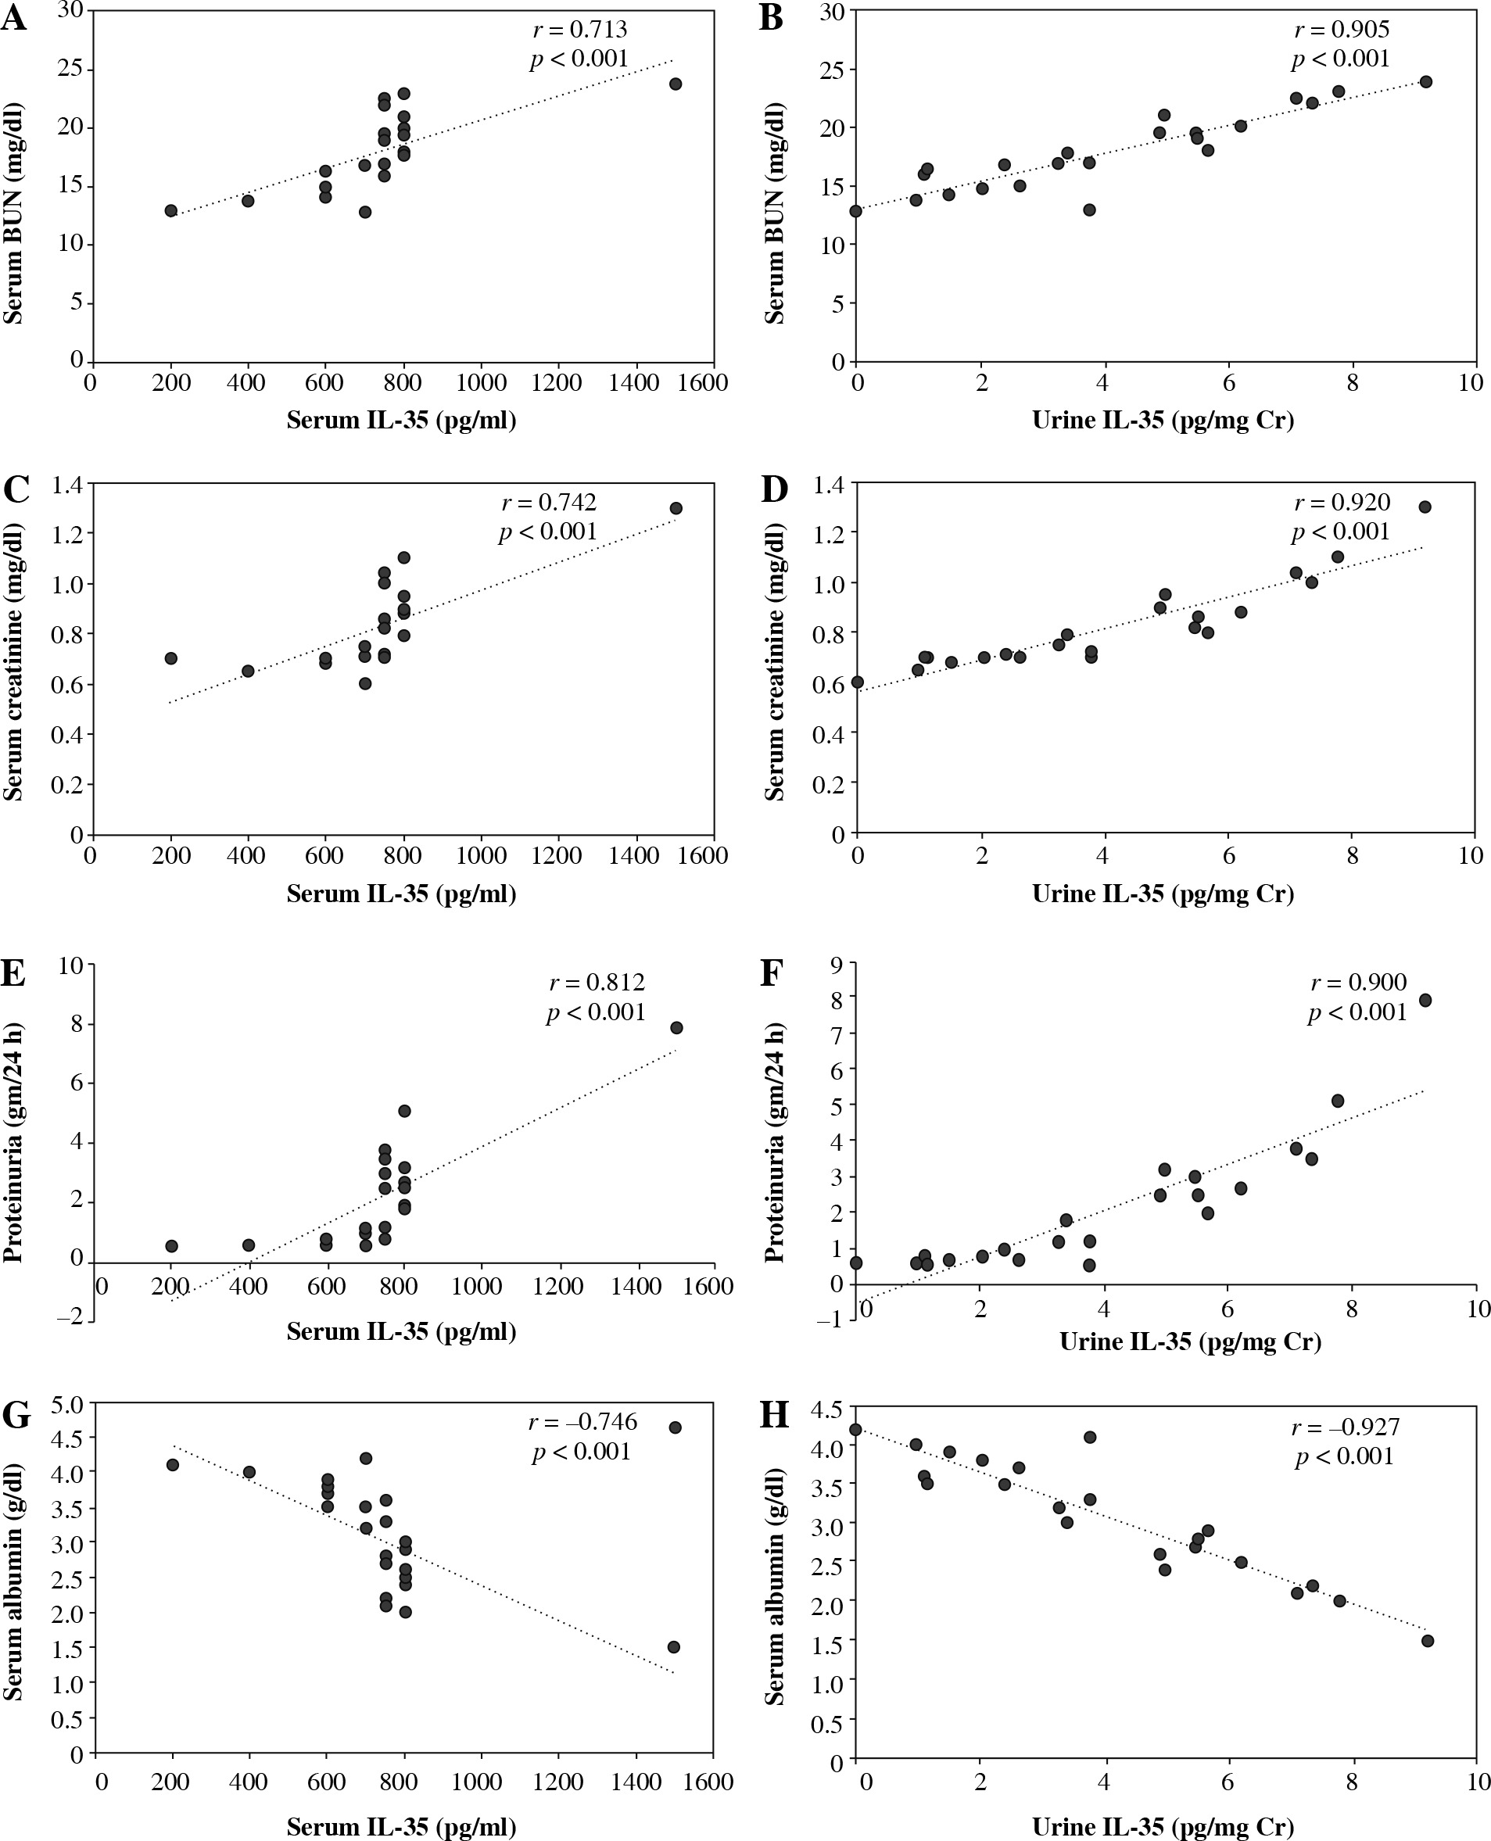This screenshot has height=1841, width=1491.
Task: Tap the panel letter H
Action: click(774, 1414)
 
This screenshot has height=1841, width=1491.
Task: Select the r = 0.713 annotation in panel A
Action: click(579, 30)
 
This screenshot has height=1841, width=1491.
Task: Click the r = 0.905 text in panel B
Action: click(1342, 30)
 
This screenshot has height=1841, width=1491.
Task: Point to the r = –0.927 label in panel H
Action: click(1345, 1427)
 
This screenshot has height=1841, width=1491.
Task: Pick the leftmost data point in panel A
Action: click(171, 210)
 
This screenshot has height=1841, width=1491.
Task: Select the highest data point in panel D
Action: click(1425, 507)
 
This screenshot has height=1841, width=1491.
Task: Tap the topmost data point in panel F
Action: click(1425, 1001)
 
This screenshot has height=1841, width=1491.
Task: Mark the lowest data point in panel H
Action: click(1428, 1641)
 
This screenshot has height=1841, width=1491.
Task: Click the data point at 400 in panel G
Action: click(249, 1472)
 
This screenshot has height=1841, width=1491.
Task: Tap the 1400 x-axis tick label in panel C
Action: click(634, 855)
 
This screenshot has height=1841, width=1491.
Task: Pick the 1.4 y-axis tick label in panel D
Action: click(828, 485)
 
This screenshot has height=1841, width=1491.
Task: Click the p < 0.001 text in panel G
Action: click(582, 1451)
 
